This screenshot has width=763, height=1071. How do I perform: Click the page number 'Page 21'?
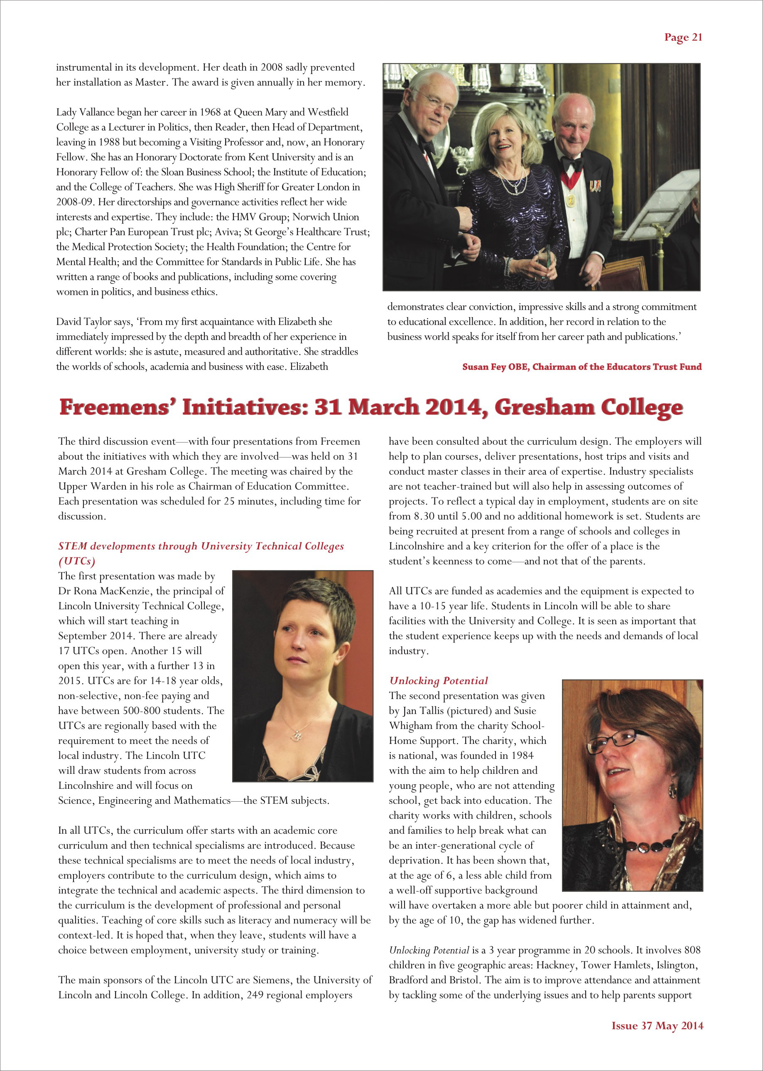[x=683, y=38]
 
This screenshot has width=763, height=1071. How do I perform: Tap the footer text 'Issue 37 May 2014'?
[x=657, y=1025]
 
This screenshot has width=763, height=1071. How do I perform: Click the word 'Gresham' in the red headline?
[x=544, y=407]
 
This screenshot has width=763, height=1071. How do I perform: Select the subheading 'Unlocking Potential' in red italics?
[x=438, y=680]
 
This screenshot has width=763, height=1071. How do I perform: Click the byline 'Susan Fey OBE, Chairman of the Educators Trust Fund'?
[x=581, y=367]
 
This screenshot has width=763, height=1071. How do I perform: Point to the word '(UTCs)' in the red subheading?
[x=76, y=561]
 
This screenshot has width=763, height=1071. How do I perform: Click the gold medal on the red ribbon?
[x=571, y=201]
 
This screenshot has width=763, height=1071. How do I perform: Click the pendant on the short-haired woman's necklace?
[x=297, y=734]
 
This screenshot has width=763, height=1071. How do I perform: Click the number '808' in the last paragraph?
[x=692, y=950]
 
